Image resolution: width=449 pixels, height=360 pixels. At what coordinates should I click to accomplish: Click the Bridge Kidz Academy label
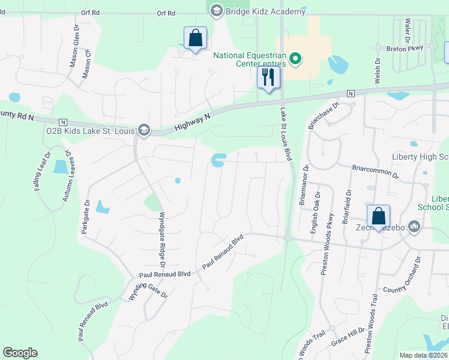click(x=265, y=11)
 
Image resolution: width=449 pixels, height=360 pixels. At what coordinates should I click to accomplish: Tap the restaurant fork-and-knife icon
click(x=268, y=77)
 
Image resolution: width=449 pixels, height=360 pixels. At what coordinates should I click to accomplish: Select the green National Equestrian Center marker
click(x=295, y=58)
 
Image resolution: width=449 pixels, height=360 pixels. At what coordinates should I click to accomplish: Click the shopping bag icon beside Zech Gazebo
click(x=379, y=216)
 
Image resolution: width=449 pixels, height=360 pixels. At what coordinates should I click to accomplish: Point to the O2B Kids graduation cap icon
click(x=143, y=129)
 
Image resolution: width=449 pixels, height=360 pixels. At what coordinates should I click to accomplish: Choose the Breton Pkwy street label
click(x=405, y=48)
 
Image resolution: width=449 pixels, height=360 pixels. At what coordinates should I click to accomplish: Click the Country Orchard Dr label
click(x=403, y=278)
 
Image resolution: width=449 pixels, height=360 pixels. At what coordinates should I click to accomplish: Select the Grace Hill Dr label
click(x=348, y=338)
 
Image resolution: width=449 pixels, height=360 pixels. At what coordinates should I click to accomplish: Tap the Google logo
click(x=20, y=353)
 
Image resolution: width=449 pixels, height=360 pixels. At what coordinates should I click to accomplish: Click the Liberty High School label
click(x=421, y=157)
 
